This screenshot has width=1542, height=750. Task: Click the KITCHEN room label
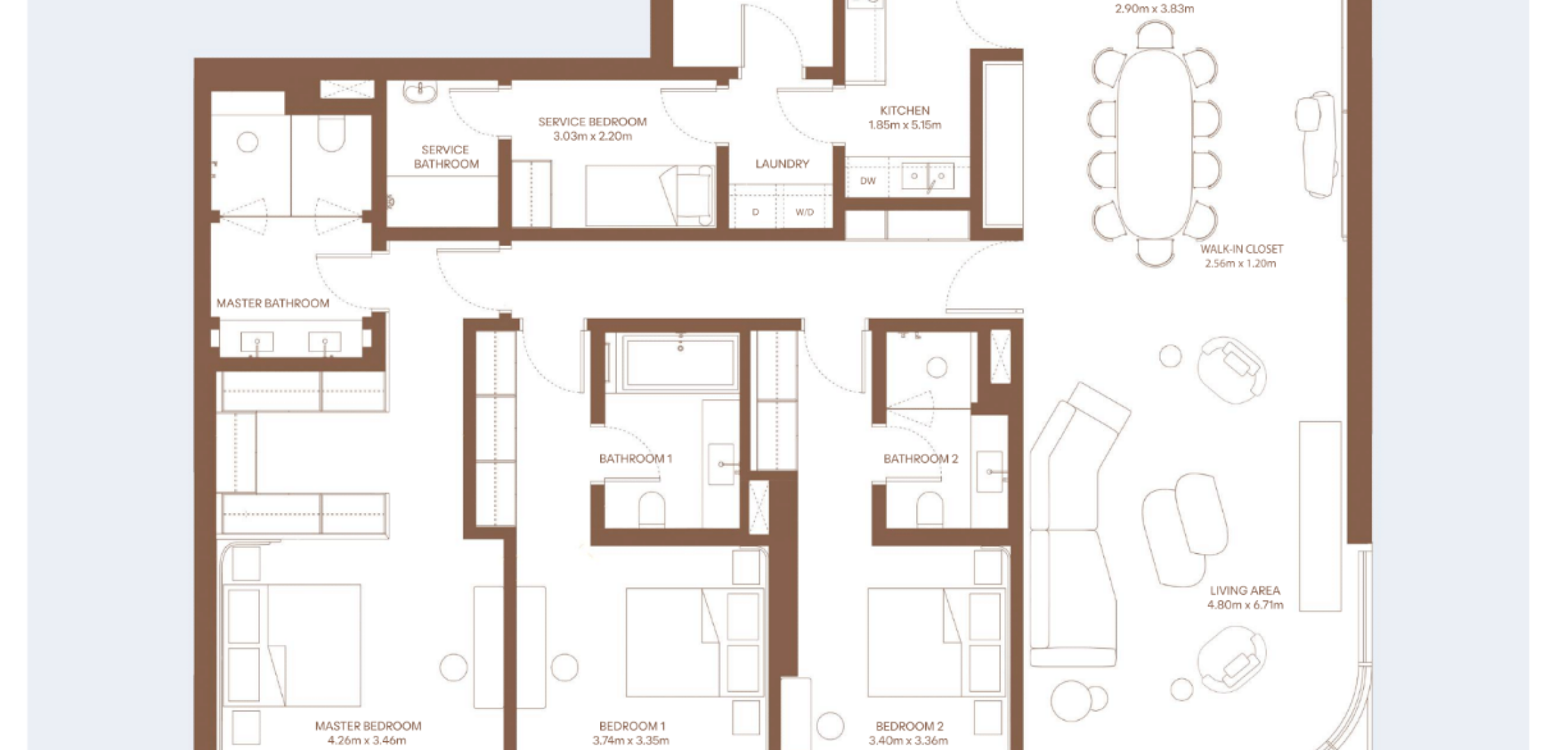pos(904,110)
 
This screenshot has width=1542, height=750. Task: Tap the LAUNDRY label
pos(782,164)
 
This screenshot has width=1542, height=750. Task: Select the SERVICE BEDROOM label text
pos(592,122)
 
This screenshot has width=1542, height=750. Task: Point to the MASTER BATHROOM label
pos(272,303)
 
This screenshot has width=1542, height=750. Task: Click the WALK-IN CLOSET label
pos(1241,249)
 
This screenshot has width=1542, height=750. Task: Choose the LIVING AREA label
pos(1245,590)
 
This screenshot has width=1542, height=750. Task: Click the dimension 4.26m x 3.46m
pos(368,740)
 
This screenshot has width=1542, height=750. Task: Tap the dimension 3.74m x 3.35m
pos(631,740)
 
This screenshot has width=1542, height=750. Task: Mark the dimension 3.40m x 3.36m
pos(908,740)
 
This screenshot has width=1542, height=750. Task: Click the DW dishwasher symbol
pos(868,181)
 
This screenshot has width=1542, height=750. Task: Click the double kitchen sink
pos(927,176)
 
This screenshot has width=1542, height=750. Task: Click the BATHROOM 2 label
pos(920,458)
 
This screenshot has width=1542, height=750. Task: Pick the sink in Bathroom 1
pos(722,464)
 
